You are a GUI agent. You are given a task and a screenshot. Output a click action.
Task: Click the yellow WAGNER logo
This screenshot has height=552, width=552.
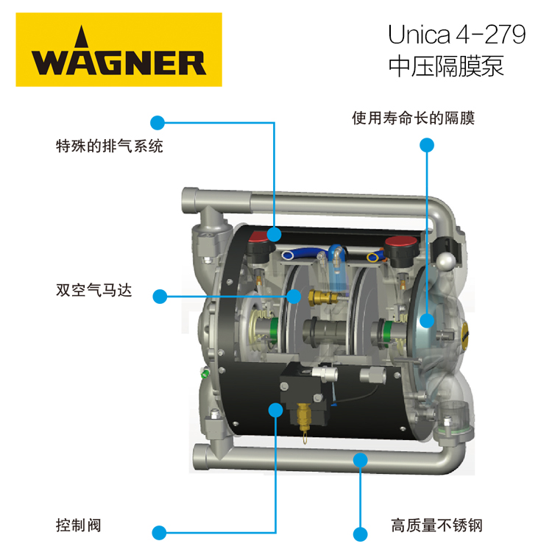click(119, 49)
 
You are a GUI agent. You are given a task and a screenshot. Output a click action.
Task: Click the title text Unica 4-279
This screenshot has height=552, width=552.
click(456, 35)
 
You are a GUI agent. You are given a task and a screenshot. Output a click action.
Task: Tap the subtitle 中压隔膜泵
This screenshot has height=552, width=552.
click(446, 66)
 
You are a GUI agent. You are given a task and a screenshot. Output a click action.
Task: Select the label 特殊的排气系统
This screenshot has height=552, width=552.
click(110, 146)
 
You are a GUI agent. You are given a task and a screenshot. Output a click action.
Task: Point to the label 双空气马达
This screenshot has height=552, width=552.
click(94, 291)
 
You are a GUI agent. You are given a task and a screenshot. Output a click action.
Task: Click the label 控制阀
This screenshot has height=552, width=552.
click(79, 526)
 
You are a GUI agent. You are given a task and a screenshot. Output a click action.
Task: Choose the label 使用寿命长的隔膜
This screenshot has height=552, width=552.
click(414, 118)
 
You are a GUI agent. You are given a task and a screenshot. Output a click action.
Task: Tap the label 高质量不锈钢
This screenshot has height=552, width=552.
click(436, 526)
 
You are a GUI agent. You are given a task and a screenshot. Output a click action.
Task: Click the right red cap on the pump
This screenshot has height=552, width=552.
click(401, 241)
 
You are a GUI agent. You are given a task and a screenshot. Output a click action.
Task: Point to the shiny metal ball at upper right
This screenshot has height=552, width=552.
click(446, 261)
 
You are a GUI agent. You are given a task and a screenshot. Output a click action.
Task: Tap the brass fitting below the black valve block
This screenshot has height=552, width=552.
click(304, 417)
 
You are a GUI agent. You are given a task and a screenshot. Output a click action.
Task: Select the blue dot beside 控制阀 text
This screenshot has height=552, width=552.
click(159, 533)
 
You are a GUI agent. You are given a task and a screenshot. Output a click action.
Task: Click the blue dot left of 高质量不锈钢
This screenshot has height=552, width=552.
click(360, 534)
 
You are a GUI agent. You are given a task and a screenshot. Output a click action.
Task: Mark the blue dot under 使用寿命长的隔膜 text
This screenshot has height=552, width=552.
click(427, 145)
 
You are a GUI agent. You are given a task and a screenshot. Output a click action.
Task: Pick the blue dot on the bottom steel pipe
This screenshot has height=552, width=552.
click(361, 460)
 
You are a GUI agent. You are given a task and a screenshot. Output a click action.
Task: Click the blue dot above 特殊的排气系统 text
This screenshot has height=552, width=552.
click(158, 123)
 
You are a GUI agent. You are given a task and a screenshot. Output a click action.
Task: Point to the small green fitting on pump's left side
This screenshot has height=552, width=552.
click(205, 372)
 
